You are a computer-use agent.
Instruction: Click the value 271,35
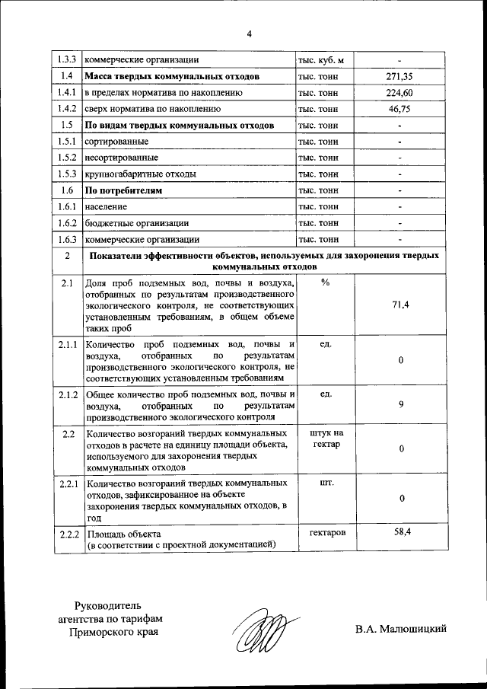point(399,77)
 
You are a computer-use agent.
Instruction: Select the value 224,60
point(399,93)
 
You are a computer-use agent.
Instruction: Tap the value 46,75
point(399,110)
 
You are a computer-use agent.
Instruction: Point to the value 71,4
point(400,305)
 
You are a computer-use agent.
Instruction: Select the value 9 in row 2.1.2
point(400,404)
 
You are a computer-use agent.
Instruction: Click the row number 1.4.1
point(67,93)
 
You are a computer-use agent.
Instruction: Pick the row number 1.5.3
point(67,174)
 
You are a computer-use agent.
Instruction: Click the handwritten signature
point(260,631)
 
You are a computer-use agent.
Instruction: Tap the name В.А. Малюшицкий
point(399,628)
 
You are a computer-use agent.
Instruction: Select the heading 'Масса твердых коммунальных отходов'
point(175,77)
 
